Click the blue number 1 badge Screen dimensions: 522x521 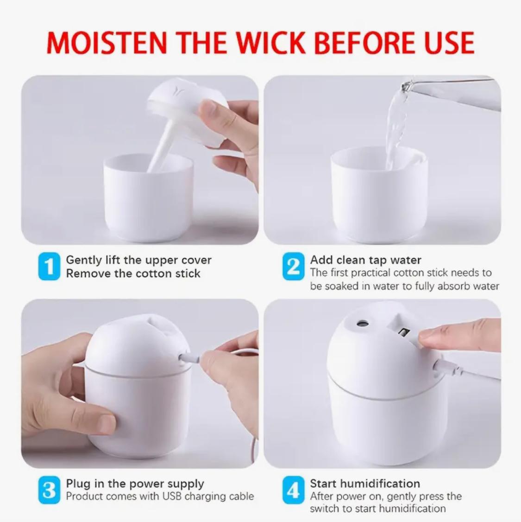pyautogui.click(x=49, y=267)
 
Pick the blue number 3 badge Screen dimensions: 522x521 pyautogui.click(x=49, y=490)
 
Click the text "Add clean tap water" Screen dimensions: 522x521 pyautogui.click(x=365, y=260)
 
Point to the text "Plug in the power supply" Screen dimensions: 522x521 pyautogui.click(x=135, y=484)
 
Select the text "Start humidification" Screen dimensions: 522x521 pyautogui.click(x=365, y=484)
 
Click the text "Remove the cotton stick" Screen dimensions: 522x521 pyautogui.click(x=133, y=274)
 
